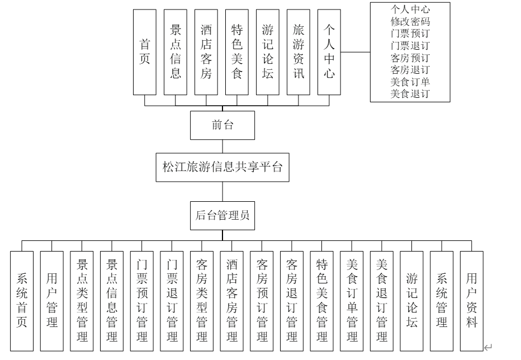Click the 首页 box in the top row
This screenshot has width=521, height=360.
(145, 52)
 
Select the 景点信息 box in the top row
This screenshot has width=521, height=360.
(176, 52)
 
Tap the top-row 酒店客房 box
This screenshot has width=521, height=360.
(206, 52)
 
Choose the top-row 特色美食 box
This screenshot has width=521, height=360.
(237, 52)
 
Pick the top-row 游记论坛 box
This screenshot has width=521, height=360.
(268, 52)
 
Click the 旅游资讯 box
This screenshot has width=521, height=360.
(299, 52)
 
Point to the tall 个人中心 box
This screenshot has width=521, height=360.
(329, 52)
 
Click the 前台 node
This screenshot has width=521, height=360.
(222, 125)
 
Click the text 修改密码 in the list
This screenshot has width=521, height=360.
(410, 22)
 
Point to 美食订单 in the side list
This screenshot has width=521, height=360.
(410, 82)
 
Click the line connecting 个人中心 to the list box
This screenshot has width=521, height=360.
(356, 52)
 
